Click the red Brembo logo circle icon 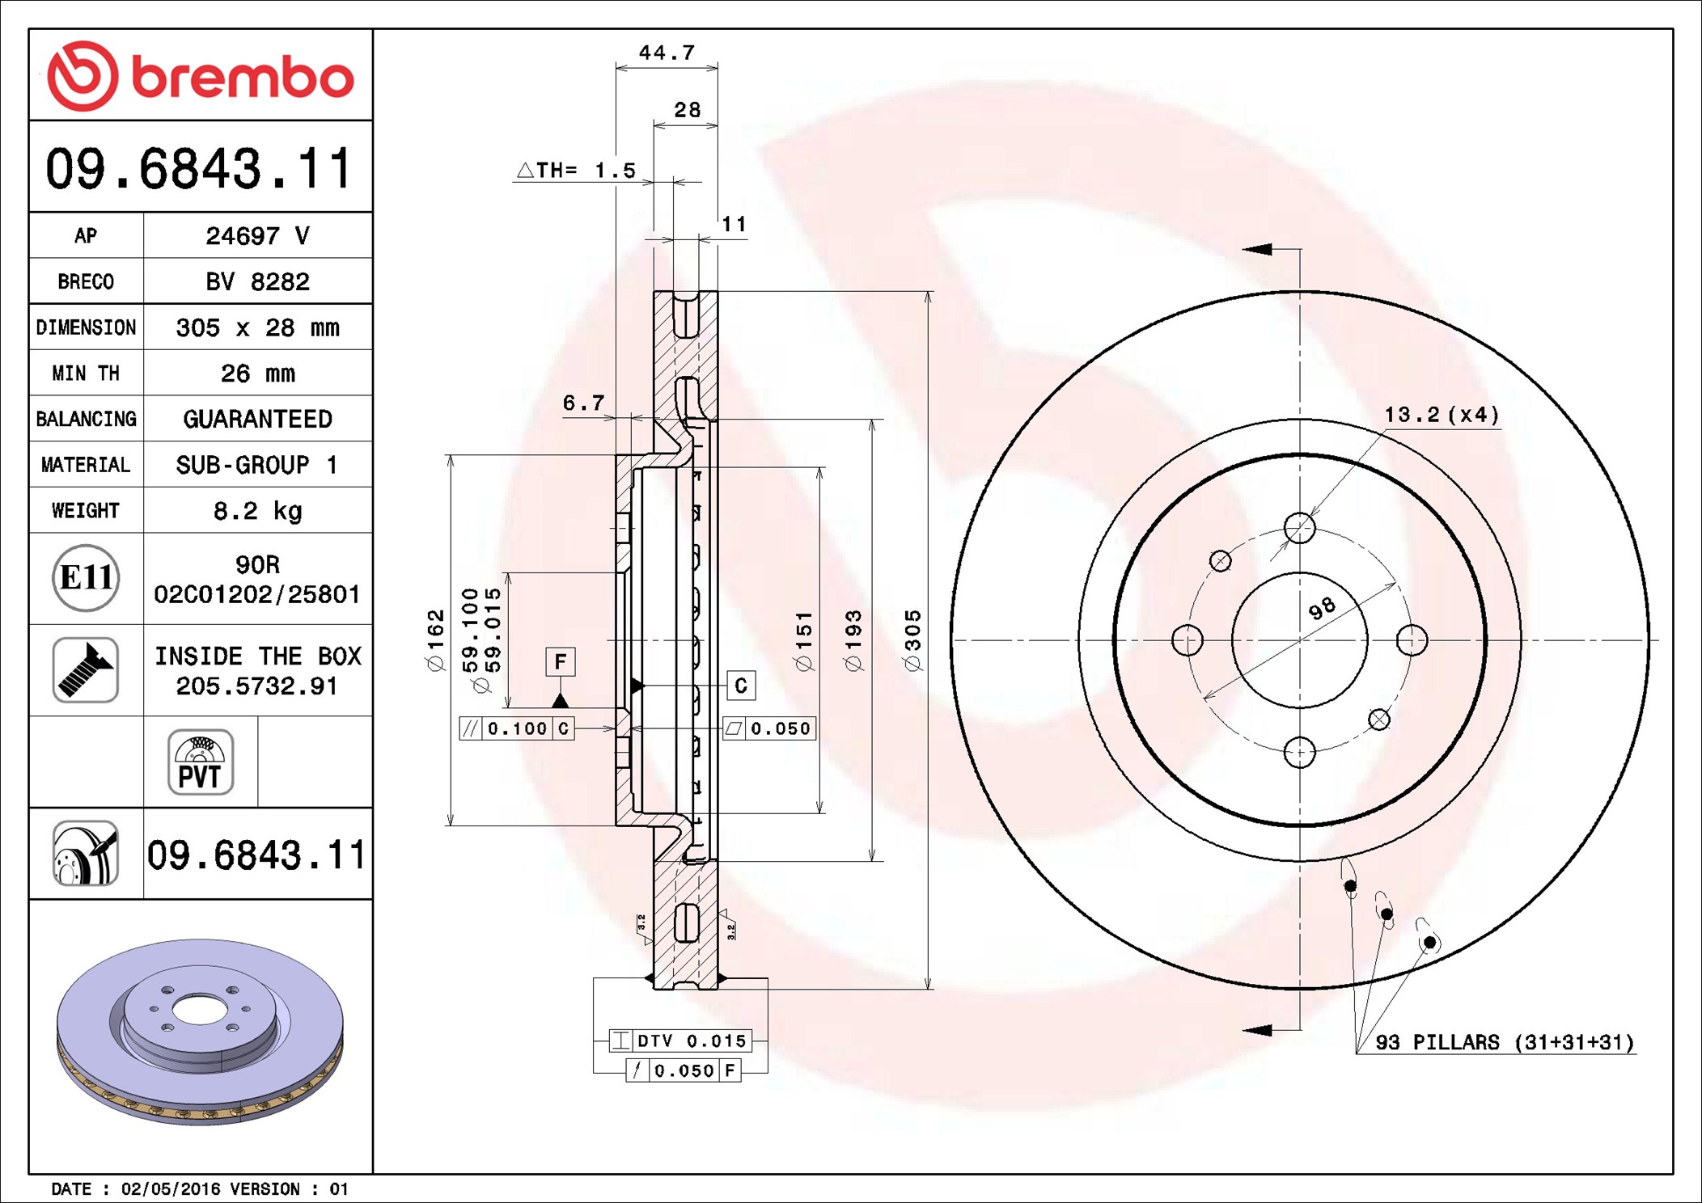click(x=83, y=76)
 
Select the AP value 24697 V click(x=257, y=236)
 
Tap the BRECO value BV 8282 click(x=257, y=281)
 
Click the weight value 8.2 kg click(x=257, y=511)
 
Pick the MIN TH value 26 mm click(x=257, y=374)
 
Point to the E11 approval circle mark click(x=86, y=578)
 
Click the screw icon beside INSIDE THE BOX click(x=86, y=670)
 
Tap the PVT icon click(x=201, y=762)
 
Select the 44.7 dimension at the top click(x=667, y=53)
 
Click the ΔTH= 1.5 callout click(x=576, y=171)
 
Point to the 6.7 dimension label click(x=583, y=403)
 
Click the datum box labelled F click(x=561, y=662)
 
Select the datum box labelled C click(x=741, y=686)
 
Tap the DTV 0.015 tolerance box click(x=680, y=1040)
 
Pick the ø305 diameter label click(x=912, y=640)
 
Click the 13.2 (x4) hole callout click(x=1442, y=415)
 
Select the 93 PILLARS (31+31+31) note click(x=1505, y=1042)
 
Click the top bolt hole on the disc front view click(x=1300, y=529)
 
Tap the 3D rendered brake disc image click(x=201, y=1031)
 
